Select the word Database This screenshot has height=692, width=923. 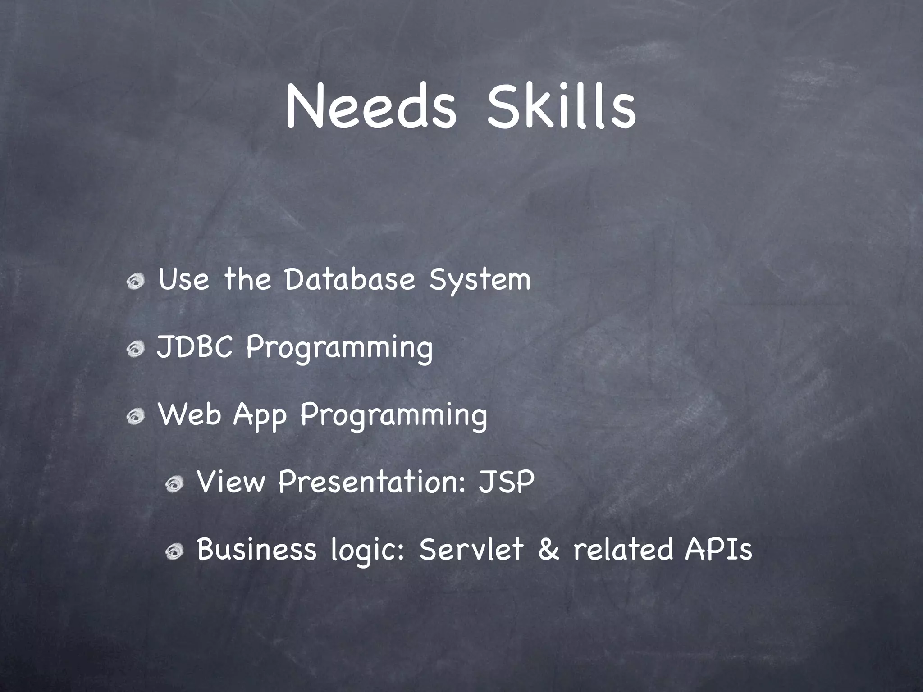[349, 279]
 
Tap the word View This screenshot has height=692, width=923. [231, 482]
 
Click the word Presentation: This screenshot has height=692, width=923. [372, 482]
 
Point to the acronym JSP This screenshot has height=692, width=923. [506, 482]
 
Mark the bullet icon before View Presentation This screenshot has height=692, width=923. [174, 485]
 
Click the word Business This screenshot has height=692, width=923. [256, 550]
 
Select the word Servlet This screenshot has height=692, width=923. [471, 550]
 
